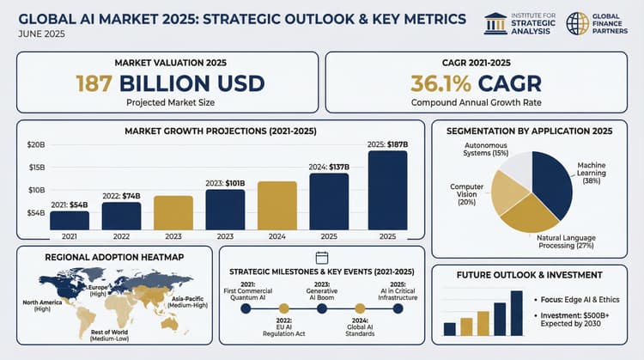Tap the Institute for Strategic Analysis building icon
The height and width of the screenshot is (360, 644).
495,23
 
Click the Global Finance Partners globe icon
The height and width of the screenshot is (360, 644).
578,23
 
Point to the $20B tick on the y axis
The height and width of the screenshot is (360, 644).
35,144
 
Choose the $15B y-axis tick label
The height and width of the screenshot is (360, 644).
35,167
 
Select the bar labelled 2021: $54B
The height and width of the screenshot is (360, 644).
70,220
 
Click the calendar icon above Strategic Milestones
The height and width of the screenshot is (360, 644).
322,257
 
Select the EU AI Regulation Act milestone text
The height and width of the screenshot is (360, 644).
283,329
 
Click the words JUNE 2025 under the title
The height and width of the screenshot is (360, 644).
39,34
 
